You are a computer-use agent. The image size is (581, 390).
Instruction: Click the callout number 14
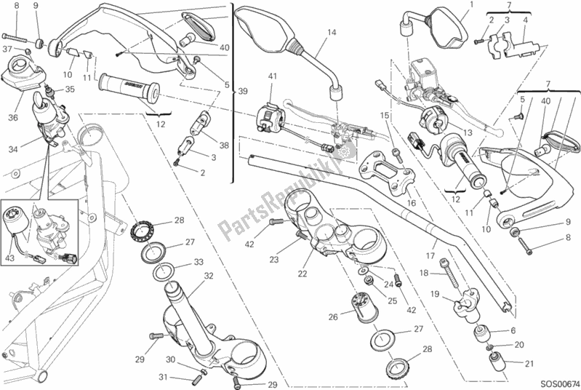(x=331, y=32)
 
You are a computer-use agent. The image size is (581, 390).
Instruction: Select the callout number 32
(x=208, y=276)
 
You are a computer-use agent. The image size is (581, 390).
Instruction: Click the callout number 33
(x=199, y=263)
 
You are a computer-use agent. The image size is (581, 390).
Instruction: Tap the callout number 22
(x=302, y=274)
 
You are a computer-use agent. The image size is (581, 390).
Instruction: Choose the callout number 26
(x=334, y=317)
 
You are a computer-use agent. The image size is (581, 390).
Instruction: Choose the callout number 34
(x=12, y=150)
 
